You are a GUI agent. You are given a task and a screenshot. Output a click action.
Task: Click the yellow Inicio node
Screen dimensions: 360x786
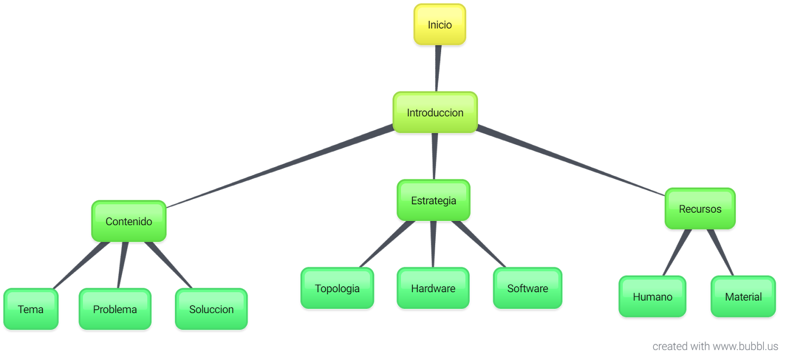pyautogui.click(x=440, y=25)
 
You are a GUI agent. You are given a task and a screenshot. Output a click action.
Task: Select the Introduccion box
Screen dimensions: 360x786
pyautogui.click(x=435, y=112)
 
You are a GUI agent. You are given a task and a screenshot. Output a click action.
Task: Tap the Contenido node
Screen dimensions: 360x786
pyautogui.click(x=129, y=222)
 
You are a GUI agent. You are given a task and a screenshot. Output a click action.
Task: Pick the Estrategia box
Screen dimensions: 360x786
pyautogui.click(x=433, y=200)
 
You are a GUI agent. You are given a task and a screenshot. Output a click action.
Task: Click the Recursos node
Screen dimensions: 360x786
pyautogui.click(x=700, y=209)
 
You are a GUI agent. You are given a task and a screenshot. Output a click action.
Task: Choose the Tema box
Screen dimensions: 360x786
pyautogui.click(x=31, y=309)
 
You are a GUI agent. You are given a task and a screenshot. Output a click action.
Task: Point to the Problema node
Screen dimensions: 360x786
pyautogui.click(x=115, y=309)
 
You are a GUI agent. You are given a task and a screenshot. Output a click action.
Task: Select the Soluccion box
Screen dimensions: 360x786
pyautogui.click(x=211, y=309)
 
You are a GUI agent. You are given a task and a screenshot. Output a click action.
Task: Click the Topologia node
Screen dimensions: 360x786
pyautogui.click(x=337, y=288)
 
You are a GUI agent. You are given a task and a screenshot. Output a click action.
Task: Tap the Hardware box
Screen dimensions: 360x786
pyautogui.click(x=433, y=288)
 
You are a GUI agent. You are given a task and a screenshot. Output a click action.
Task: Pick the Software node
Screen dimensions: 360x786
pyautogui.click(x=528, y=288)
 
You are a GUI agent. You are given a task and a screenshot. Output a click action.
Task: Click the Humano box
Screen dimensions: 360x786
pyautogui.click(x=652, y=297)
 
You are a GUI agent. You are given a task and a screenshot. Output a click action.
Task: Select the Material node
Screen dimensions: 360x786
pyautogui.click(x=743, y=297)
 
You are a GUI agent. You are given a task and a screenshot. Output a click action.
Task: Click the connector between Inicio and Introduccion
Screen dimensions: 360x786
pyautogui.click(x=437, y=68)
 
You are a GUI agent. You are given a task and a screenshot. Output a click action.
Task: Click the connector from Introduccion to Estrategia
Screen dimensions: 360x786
pyautogui.click(x=434, y=156)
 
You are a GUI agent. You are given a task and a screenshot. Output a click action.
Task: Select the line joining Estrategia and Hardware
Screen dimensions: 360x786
pyautogui.click(x=433, y=244)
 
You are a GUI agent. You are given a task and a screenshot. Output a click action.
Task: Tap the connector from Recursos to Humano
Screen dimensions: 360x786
pyautogui.click(x=677, y=252)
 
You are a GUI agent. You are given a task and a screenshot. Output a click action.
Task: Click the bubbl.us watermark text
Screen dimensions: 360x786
pyautogui.click(x=715, y=346)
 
